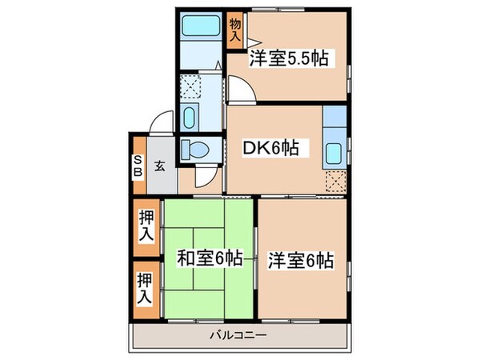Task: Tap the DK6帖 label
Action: (271, 147)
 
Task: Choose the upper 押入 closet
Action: (145, 226)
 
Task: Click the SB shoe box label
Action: (138, 166)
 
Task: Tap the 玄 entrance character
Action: (159, 166)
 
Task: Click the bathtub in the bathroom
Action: (200, 25)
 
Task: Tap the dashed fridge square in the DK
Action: (335, 182)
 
